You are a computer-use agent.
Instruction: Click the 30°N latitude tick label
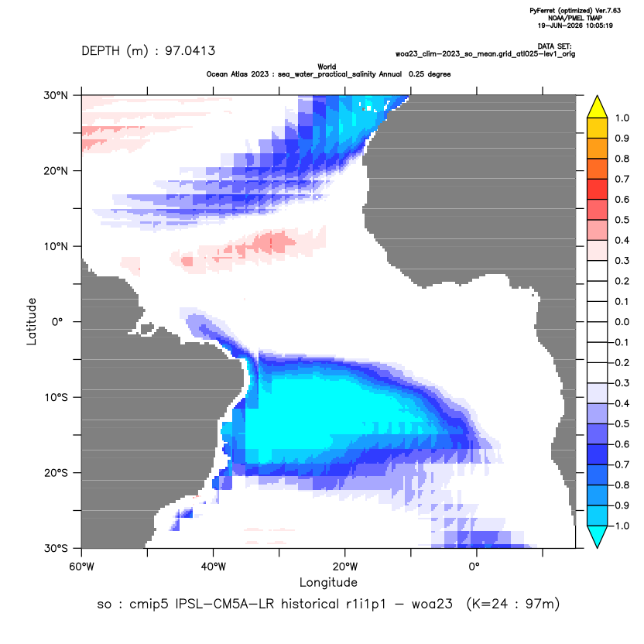pos(56,95)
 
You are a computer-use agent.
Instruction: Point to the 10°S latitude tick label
pos(56,398)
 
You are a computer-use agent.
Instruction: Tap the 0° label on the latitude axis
pos(57,322)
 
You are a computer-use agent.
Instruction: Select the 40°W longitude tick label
pos(213,567)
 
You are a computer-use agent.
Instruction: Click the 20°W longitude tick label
pos(345,567)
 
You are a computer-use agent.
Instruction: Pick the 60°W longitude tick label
pos(81,567)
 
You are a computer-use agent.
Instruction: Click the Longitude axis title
pos(328,582)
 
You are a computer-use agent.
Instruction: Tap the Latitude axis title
pos(32,321)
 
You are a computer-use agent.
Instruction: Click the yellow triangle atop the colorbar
pos(598,106)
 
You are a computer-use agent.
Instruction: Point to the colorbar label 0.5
pos(622,220)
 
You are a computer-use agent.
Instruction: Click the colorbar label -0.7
pos(620,464)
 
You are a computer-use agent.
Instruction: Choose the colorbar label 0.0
pos(622,322)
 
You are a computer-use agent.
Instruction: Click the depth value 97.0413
pos(190,51)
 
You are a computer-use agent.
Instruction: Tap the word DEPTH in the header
pos(101,51)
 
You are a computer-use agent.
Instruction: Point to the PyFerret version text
pos(575,11)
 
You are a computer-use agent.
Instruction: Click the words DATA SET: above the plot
pos(554,46)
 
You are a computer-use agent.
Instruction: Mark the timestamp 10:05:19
pos(599,26)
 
